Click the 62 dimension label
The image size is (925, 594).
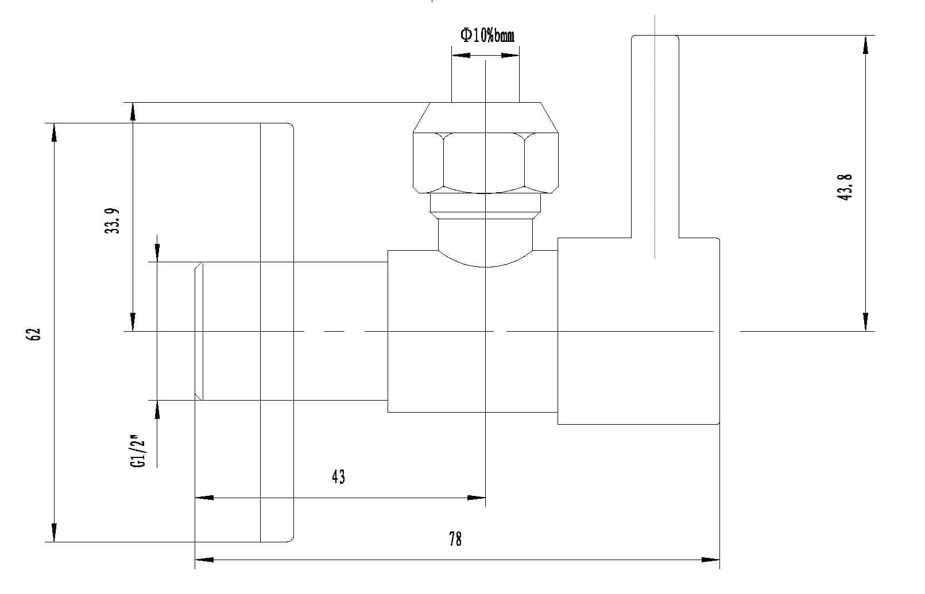(36, 334)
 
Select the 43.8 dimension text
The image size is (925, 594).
(845, 187)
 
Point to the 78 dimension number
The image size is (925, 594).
(455, 539)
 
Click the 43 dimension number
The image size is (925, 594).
(339, 476)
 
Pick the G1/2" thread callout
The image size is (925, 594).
(137, 452)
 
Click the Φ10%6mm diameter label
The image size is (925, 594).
(487, 36)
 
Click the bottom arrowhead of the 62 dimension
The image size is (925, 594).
(55, 533)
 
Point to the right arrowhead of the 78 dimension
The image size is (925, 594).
(711, 560)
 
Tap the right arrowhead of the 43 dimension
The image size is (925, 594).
(477, 498)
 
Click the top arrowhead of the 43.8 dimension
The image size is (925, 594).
(865, 45)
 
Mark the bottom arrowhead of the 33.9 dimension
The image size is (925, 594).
(133, 322)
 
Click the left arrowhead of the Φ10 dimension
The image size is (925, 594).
(461, 56)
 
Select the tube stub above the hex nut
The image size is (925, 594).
(485, 80)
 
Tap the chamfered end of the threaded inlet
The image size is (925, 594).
(199, 331)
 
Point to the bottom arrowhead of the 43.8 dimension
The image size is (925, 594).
(865, 321)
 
